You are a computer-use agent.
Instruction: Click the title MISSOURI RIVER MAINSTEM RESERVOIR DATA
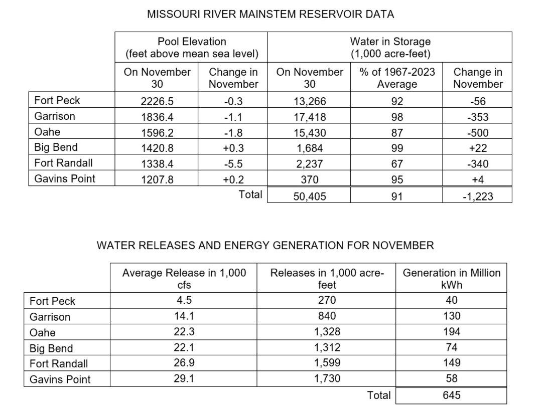[x=270, y=15]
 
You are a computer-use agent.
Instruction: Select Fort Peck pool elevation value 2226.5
[x=157, y=101]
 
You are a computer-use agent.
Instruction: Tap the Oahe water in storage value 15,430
[x=309, y=133]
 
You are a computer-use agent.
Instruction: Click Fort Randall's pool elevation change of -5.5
[x=233, y=164]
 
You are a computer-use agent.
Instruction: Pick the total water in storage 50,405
[x=309, y=196]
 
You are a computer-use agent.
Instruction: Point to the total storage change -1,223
[x=477, y=196]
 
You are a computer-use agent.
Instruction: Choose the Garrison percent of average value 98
[x=396, y=117]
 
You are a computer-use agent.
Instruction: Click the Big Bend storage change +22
[x=477, y=148]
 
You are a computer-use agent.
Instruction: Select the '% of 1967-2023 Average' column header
[x=396, y=78]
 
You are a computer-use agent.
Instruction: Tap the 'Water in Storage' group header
[x=390, y=47]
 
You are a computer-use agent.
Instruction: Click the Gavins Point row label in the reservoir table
[x=65, y=179]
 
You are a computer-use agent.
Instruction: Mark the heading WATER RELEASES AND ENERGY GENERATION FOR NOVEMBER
[x=265, y=246]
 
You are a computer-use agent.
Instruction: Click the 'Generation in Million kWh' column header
[x=451, y=279]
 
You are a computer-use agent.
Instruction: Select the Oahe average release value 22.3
[x=184, y=332]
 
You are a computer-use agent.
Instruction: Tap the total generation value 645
[x=451, y=395]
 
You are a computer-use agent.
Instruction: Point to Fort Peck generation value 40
[x=451, y=301]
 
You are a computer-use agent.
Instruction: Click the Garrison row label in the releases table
[x=50, y=317]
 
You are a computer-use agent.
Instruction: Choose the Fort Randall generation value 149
[x=451, y=363]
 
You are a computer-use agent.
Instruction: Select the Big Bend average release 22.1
[x=184, y=348]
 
